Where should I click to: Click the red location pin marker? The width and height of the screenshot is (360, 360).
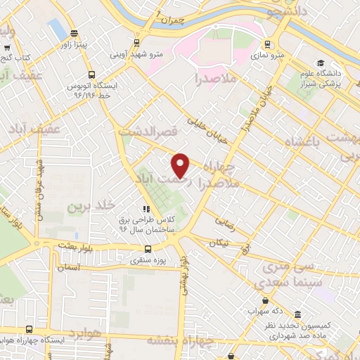tap(181, 165)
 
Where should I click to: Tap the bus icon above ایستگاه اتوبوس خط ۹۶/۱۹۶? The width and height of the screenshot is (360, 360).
tap(91, 75)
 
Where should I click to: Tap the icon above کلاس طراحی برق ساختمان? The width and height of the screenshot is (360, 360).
tap(146, 209)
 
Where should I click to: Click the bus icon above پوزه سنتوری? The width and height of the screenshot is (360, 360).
tap(148, 249)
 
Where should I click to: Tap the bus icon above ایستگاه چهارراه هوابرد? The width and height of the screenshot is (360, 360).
tap(28, 328)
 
